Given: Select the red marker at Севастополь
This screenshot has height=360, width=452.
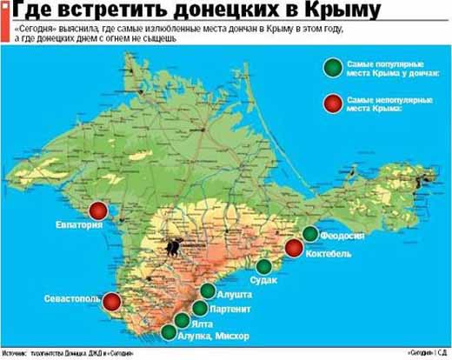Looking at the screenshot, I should click(113, 303).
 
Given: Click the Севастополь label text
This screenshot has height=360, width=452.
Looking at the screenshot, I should click(73, 299).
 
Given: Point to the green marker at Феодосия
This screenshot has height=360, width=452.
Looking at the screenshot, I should click(310, 233).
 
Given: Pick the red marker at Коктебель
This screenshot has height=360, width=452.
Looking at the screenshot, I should click(294, 248).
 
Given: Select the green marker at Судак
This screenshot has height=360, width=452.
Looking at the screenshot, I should click(263, 266).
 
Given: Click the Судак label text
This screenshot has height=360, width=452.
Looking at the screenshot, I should click(263, 282).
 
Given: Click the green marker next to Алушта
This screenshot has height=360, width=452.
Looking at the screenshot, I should click(207, 292).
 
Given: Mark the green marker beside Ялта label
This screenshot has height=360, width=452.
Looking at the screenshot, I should click(183, 319).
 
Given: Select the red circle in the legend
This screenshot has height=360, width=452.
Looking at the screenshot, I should click(330, 104).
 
